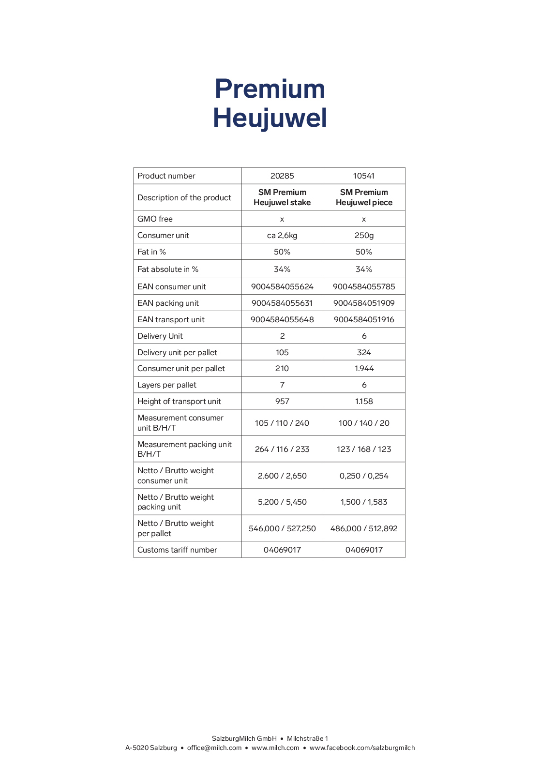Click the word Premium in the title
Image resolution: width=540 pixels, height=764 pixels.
[x=270, y=89]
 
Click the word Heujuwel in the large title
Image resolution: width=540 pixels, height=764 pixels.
[x=270, y=118]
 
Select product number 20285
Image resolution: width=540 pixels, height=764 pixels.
[x=282, y=176]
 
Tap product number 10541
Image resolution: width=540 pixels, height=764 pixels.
[x=363, y=176]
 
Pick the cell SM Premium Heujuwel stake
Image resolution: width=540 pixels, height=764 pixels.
[x=282, y=197]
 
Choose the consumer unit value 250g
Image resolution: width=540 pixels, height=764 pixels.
[x=363, y=236]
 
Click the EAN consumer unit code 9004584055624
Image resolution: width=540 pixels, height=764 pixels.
[x=282, y=287]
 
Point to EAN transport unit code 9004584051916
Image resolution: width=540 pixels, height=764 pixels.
[x=363, y=320]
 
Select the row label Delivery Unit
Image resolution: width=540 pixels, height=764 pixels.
[x=160, y=336]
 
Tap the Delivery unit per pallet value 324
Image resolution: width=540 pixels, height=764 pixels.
[x=363, y=353]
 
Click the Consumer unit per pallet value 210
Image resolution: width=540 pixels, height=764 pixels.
[x=282, y=369]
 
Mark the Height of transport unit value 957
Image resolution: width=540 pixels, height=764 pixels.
[x=282, y=402]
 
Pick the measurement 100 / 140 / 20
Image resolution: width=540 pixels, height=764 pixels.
[x=363, y=423]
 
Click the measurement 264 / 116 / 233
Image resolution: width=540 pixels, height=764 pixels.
[x=282, y=449]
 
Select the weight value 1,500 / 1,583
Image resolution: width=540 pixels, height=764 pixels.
[x=363, y=502]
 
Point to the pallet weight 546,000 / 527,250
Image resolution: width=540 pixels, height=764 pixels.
[x=282, y=529]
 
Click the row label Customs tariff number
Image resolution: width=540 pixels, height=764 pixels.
[x=177, y=550]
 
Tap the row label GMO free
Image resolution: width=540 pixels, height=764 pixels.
[x=155, y=219]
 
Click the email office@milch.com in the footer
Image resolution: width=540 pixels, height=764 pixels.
[x=214, y=748]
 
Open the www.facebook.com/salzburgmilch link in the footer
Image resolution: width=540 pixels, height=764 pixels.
[x=362, y=748]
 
